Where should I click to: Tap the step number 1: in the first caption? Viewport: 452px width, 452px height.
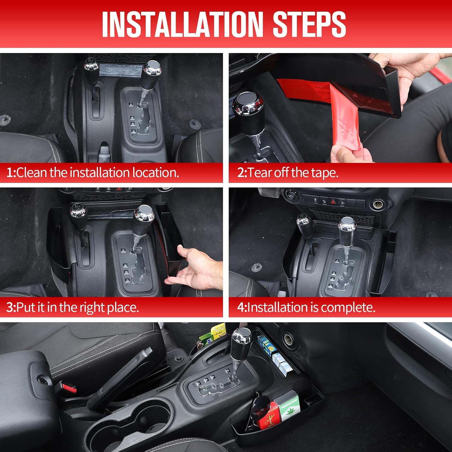11,173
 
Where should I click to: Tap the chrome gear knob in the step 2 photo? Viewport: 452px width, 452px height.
248,105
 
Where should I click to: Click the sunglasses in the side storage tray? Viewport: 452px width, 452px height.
255,410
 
